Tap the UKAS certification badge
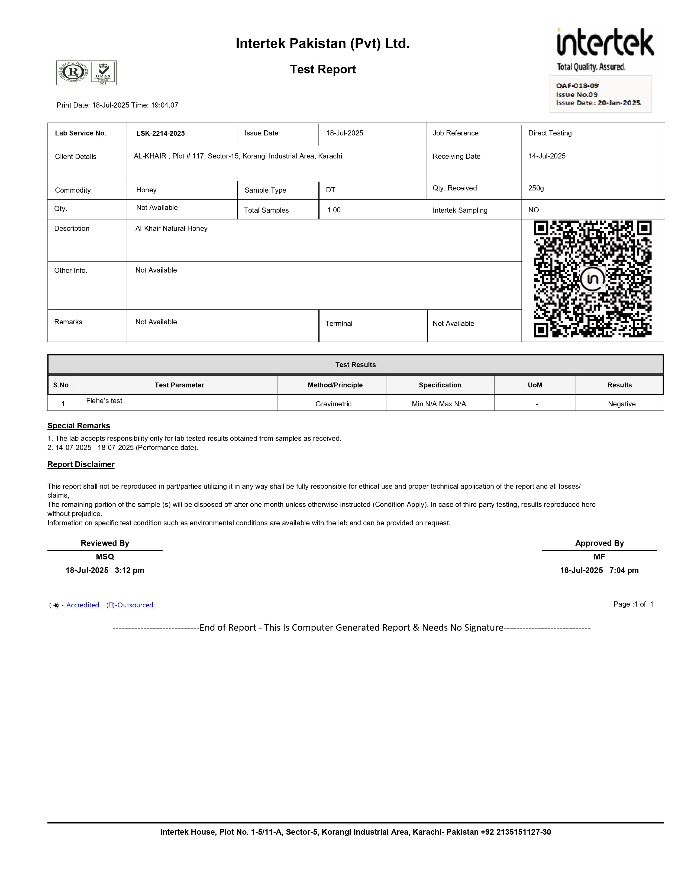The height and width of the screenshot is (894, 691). pos(103,73)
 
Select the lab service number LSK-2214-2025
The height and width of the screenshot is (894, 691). pos(160,134)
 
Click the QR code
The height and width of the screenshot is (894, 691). pos(592,279)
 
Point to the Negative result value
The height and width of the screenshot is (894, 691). pos(621,404)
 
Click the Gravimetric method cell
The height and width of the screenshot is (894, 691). pos(333,404)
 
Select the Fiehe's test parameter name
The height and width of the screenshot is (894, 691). pos(104,401)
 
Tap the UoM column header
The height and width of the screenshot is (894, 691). pos(535,385)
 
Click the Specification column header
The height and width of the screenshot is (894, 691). pos(440,385)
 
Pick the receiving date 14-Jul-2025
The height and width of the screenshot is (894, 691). pos(547,156)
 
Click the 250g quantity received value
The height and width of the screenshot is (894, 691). pos(536,188)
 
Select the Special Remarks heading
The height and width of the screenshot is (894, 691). pos(79,426)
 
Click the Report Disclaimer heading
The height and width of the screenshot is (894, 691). pos(81,464)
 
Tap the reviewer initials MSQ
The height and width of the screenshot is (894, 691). pos(105,557)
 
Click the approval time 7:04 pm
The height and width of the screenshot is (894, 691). pos(624,570)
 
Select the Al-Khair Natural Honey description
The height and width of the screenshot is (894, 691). pos(171,228)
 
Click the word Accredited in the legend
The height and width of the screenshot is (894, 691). pos(82,605)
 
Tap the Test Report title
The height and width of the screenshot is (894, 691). pos(322,70)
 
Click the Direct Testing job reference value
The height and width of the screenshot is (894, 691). pos(550,133)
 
